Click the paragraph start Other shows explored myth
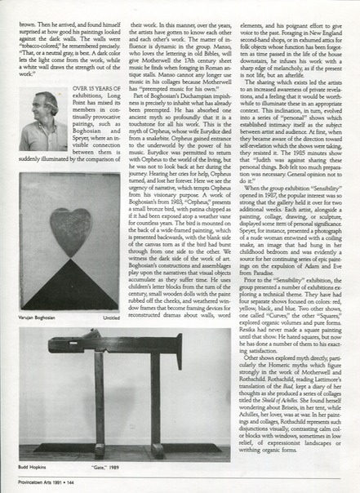coord(286,380)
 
